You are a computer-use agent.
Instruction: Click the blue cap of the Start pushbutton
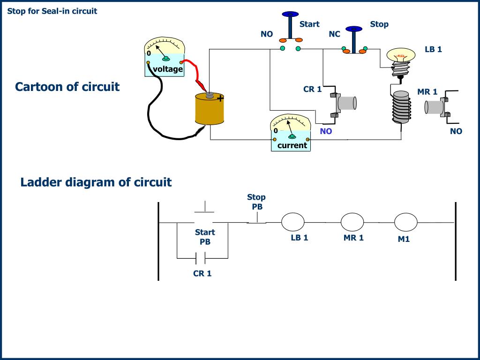coord(290,14)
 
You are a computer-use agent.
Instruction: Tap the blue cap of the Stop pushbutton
coord(354,29)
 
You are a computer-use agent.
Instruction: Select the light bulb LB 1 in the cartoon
coord(401,63)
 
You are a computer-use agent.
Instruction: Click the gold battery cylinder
coord(210,109)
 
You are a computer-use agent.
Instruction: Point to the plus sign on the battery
coord(220,98)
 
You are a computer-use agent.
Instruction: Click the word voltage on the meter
coord(168,69)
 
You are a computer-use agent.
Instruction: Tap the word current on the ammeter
coord(292,145)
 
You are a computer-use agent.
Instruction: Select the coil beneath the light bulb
coord(402,107)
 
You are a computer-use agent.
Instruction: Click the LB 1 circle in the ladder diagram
coord(292,222)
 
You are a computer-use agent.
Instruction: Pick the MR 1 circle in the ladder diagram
coord(352,222)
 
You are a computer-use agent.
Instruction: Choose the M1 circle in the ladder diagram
coord(405,222)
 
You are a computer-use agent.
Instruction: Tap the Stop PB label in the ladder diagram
coord(256,202)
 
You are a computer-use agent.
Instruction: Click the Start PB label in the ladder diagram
coord(205,237)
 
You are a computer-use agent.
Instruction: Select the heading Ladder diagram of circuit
coord(96,182)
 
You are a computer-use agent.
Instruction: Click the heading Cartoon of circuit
coord(67,87)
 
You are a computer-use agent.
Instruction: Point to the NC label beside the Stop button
coord(334,34)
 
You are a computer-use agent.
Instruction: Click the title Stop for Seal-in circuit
coord(52,11)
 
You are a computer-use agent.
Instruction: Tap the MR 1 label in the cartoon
coord(427,92)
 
